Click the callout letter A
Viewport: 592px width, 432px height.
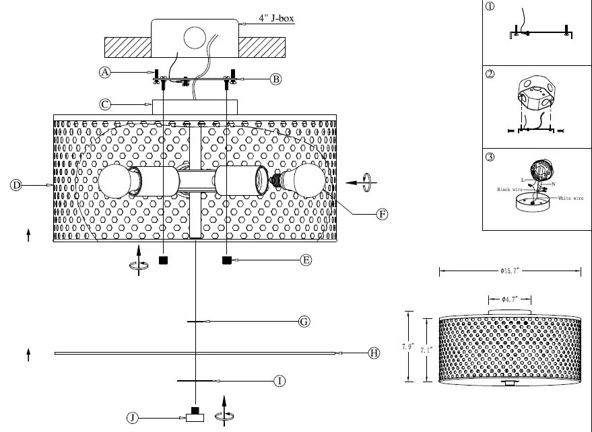[105, 73]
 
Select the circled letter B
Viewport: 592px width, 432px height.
[275, 79]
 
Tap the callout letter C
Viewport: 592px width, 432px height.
[105, 104]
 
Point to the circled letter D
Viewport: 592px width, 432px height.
[16, 184]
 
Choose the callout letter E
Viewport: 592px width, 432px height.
[306, 260]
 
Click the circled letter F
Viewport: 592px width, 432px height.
[382, 215]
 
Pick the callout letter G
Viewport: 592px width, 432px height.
[304, 322]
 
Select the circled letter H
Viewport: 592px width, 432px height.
[374, 353]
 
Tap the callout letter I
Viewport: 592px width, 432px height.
[280, 382]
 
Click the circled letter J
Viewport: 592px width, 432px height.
[133, 418]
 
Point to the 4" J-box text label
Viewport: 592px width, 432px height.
[277, 19]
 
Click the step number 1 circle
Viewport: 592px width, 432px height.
[490, 7]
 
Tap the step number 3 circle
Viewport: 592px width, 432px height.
[490, 157]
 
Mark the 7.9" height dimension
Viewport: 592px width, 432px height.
[407, 347]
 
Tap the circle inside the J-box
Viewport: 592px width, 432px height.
[195, 38]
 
